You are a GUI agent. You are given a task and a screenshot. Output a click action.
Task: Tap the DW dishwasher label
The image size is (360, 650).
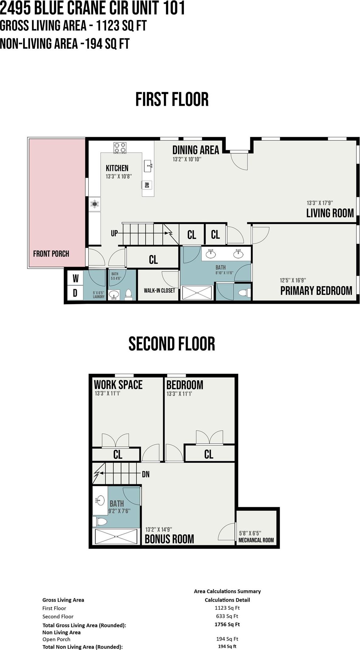click(x=147, y=185)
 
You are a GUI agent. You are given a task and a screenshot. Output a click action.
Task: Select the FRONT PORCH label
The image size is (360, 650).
click(x=51, y=254)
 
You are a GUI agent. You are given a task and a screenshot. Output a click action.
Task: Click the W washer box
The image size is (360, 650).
click(x=75, y=278)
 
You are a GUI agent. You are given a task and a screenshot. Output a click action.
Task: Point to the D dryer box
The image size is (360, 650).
click(x=75, y=292)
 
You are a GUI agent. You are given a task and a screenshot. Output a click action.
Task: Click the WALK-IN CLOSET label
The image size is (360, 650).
click(x=159, y=291)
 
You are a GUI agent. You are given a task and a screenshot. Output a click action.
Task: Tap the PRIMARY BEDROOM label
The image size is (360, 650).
click(x=316, y=291)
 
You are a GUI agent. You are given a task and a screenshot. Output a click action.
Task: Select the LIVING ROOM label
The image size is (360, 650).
click(x=330, y=213)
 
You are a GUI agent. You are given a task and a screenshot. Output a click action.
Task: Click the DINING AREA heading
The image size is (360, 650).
click(x=196, y=150)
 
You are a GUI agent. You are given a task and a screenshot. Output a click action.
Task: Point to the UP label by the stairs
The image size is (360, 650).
click(x=114, y=233)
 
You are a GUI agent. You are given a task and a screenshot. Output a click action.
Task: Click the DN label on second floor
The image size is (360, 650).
click(x=146, y=474)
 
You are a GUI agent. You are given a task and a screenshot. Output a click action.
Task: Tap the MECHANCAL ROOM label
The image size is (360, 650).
click(x=256, y=540)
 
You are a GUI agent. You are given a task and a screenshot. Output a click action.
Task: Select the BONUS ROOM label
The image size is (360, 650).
click(x=169, y=539)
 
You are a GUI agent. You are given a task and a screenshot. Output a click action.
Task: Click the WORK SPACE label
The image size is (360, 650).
click(x=118, y=385)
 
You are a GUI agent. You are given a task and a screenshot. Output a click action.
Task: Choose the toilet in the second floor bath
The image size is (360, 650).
click(x=101, y=522)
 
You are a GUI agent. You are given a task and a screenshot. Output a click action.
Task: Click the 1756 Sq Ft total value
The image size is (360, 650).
click(x=227, y=624)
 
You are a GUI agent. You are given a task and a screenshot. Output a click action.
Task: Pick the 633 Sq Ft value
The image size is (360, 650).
click(x=227, y=616)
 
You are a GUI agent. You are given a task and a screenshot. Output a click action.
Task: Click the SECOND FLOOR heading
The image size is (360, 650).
click(x=172, y=344)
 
